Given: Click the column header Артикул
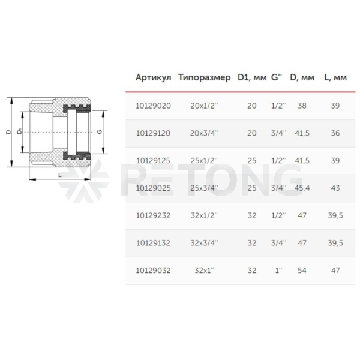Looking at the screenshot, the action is pyautogui.click(x=153, y=77).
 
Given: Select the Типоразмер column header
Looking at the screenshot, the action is pyautogui.click(x=204, y=77).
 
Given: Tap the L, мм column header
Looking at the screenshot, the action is pyautogui.click(x=335, y=77).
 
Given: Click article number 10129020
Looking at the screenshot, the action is pyautogui.click(x=153, y=106).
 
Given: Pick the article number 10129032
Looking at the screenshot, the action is pyautogui.click(x=153, y=271).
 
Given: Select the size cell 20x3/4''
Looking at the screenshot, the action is pyautogui.click(x=204, y=133).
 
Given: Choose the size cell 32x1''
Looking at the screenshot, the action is pyautogui.click(x=204, y=271).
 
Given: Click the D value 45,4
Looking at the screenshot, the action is pyautogui.click(x=302, y=188).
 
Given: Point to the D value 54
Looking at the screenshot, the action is pyautogui.click(x=302, y=271).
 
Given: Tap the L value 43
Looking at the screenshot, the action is pyautogui.click(x=335, y=188).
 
